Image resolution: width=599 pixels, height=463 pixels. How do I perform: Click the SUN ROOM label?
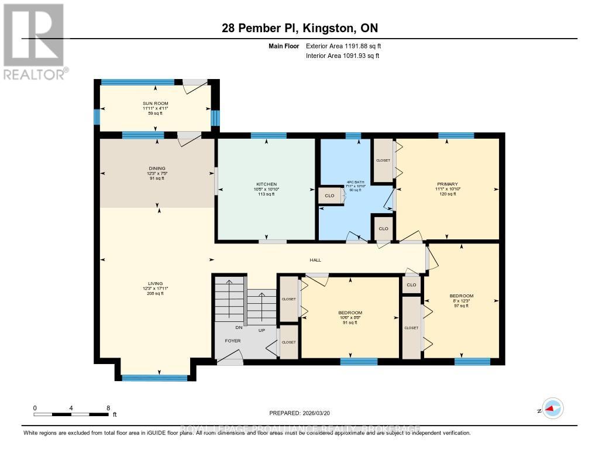coord(155,104)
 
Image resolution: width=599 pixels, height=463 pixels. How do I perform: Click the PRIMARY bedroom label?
coord(446,184)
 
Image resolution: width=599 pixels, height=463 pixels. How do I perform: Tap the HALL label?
coord(315,260)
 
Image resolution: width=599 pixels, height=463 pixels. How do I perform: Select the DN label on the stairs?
coord(239,328)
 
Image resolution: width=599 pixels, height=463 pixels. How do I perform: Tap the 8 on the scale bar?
coord(108,407)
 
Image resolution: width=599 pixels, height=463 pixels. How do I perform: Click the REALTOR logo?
coord(34,41)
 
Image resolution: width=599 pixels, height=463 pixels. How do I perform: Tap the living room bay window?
coord(154,378)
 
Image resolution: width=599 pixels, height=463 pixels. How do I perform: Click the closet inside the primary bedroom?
coord(383,160)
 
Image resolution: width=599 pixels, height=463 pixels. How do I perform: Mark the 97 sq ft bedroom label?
coord(462,300)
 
